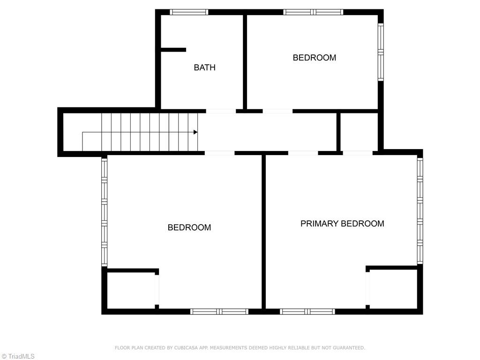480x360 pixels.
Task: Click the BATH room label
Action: pyautogui.click(x=205, y=67)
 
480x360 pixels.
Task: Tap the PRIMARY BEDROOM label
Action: pyautogui.click(x=342, y=224)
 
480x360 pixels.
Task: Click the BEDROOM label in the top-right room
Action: pyautogui.click(x=314, y=58)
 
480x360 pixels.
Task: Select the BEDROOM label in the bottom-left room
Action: pyautogui.click(x=189, y=227)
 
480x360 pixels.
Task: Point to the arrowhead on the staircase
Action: pyautogui.click(x=195, y=132)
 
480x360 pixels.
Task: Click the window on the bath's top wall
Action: pyautogui.click(x=188, y=12)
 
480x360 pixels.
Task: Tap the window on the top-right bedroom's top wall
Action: pyautogui.click(x=313, y=12)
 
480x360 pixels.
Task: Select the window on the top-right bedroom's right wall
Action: pyautogui.click(x=381, y=52)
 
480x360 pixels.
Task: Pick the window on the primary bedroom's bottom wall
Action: pyautogui.click(x=307, y=311)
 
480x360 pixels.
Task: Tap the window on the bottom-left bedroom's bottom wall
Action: pyautogui.click(x=219, y=311)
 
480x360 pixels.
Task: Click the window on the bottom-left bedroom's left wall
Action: pyautogui.click(x=105, y=212)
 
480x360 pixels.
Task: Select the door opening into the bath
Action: pyautogui.click(x=221, y=111)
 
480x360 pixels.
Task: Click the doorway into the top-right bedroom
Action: pyautogui.click(x=277, y=111)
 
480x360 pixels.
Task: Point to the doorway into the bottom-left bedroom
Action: pyautogui.click(x=219, y=153)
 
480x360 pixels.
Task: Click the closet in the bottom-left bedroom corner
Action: pyautogui.click(x=131, y=291)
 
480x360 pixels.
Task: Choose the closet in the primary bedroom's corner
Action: pyautogui.click(x=393, y=289)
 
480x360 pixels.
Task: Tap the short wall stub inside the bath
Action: pyautogui.click(x=173, y=50)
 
